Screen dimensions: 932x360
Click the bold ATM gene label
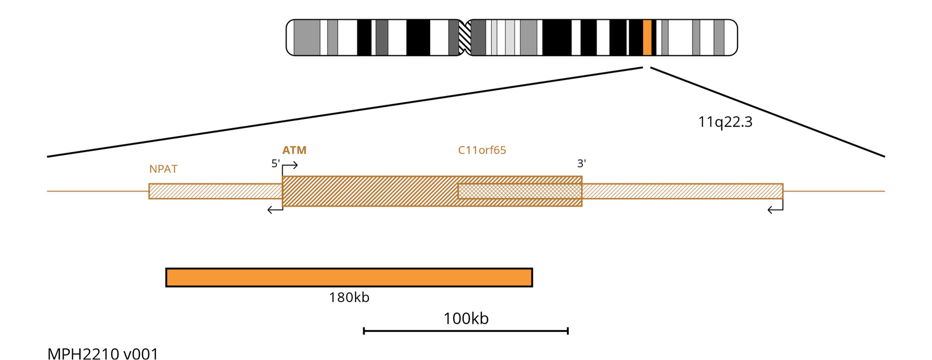pos(294,150)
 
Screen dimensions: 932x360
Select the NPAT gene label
pos(163,169)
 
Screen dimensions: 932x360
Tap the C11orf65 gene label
pos(482,150)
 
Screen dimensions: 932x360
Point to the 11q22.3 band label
pos(725,122)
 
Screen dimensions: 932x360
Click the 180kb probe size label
pos(349,297)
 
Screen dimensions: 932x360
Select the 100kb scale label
pos(466,318)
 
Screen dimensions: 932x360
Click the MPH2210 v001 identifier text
pos(103,354)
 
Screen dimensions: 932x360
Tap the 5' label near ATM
pos(276,163)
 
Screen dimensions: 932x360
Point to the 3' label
pos(582,163)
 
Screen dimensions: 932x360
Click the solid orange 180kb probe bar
pos(349,277)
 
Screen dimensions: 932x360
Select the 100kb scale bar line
pos(466,331)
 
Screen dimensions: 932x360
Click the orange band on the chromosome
pos(647,38)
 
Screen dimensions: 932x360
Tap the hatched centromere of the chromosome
pos(465,38)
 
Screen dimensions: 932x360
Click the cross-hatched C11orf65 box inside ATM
pos(520,191)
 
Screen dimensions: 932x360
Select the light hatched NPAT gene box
pos(215,191)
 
